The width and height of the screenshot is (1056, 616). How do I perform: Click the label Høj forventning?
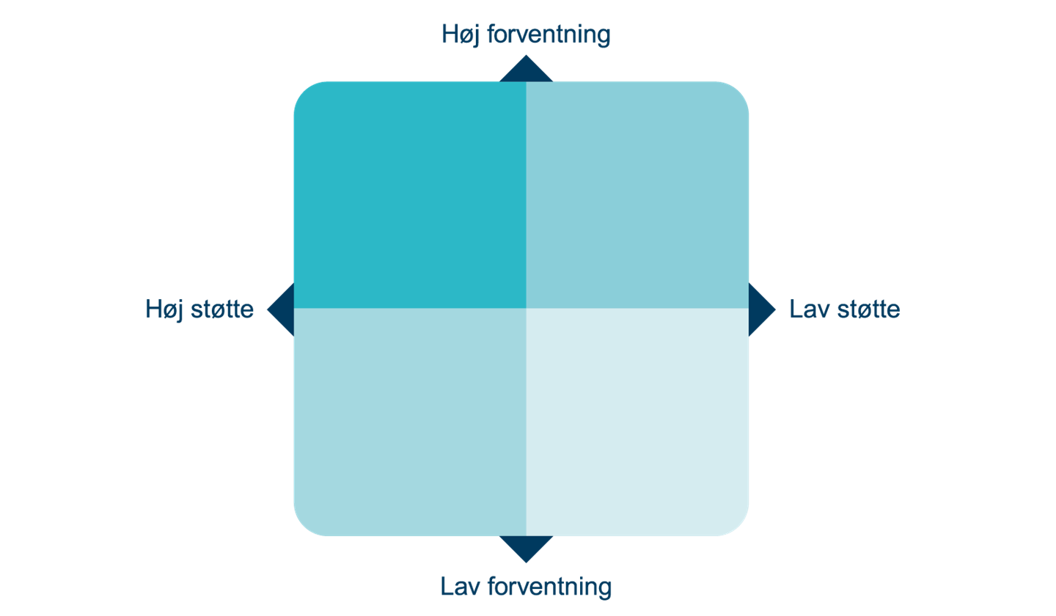[x=526, y=34]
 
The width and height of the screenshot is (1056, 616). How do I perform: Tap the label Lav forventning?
[x=526, y=587]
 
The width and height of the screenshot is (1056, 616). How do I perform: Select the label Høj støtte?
[x=199, y=310]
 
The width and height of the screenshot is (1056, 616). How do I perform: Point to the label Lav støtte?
[x=844, y=309]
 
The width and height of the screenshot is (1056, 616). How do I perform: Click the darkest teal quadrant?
[x=410, y=195]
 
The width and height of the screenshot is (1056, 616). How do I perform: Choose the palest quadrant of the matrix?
[x=637, y=422]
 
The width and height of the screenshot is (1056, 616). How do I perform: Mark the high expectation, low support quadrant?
[x=637, y=195]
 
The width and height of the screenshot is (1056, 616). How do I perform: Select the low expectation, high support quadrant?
[x=410, y=422]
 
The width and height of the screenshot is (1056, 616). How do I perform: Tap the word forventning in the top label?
[x=549, y=34]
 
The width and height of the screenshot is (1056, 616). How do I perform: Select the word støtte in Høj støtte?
[x=222, y=309]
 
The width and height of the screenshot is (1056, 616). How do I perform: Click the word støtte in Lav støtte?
[x=868, y=309]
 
